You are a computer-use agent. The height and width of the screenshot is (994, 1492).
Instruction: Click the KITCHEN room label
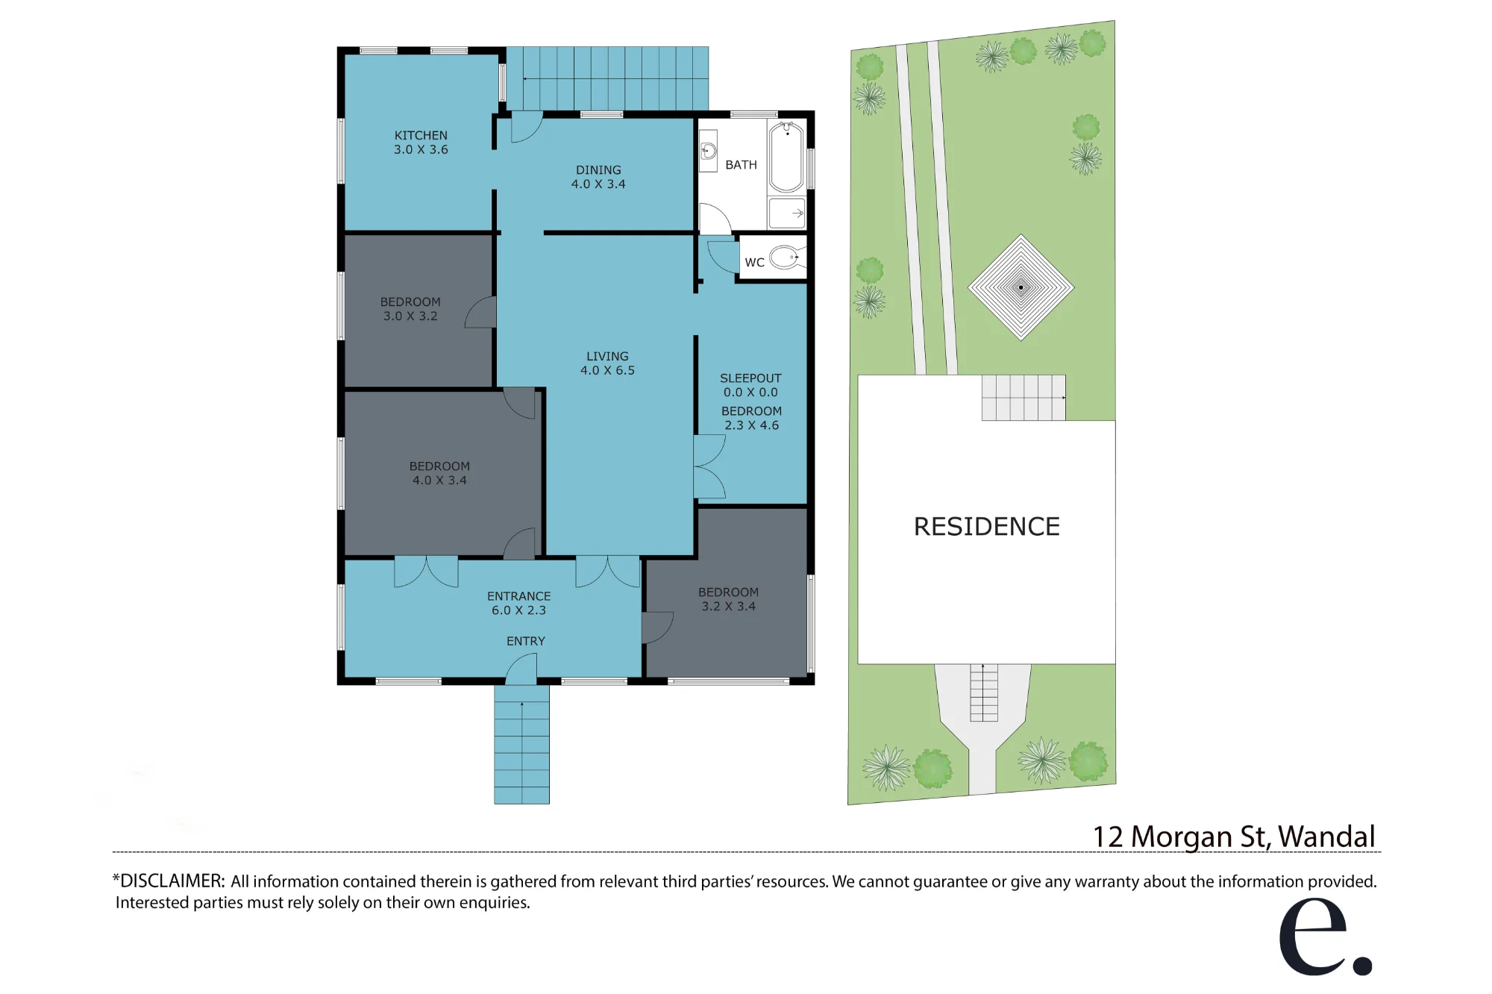tap(421, 135)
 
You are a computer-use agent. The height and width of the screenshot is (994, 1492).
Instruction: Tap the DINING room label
tap(598, 170)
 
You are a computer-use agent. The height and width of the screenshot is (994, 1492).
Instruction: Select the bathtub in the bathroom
tap(786, 157)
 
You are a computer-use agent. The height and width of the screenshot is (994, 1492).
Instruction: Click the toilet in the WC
tap(786, 258)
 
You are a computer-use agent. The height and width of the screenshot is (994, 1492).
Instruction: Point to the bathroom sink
tap(708, 151)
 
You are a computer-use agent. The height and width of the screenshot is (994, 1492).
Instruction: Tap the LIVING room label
tap(607, 357)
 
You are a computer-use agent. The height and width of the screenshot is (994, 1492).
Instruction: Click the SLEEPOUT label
tap(750, 378)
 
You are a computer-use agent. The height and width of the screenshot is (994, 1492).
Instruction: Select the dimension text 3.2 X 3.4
tap(728, 607)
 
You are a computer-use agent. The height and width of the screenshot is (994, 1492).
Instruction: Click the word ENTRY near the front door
tap(526, 641)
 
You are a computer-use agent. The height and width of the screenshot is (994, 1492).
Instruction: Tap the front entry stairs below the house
tap(521, 744)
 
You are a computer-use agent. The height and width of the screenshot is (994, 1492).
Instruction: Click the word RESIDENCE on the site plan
tap(987, 527)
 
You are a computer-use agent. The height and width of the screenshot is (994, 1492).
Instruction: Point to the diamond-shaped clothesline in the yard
tap(1021, 287)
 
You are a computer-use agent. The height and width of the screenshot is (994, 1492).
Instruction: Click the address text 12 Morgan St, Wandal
tap(1234, 837)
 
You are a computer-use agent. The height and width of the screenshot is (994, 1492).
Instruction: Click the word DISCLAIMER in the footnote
tap(172, 881)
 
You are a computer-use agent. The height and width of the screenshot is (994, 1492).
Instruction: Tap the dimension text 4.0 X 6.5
tap(607, 371)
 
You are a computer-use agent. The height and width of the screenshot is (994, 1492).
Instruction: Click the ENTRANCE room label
tap(518, 596)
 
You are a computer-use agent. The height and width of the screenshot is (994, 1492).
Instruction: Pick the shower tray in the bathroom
tap(786, 213)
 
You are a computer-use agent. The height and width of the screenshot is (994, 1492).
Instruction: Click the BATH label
tap(741, 165)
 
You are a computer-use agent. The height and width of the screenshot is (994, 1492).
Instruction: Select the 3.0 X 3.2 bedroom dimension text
tap(410, 316)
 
